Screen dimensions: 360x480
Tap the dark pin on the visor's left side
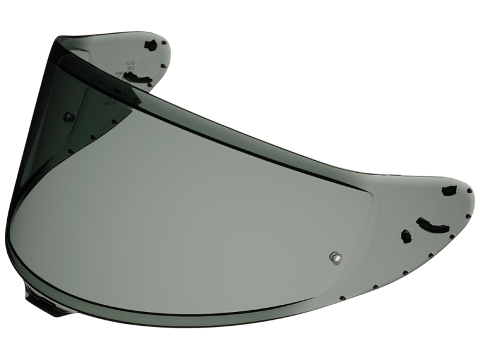click(69, 117)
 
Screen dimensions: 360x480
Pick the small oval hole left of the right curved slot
click(406, 236)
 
